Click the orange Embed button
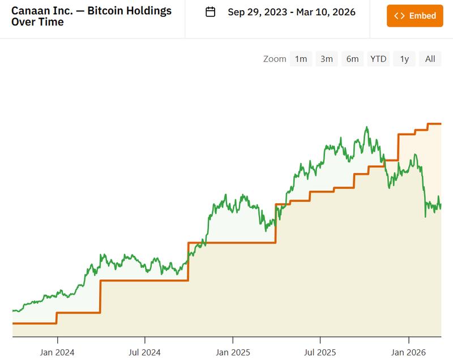point(414,16)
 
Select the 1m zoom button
point(301,59)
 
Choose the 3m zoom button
point(326,59)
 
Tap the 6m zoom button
point(352,59)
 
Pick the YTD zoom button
point(378,59)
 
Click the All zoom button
point(430,59)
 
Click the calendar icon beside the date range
point(210,12)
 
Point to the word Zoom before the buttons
point(275,59)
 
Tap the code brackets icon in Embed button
point(399,16)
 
